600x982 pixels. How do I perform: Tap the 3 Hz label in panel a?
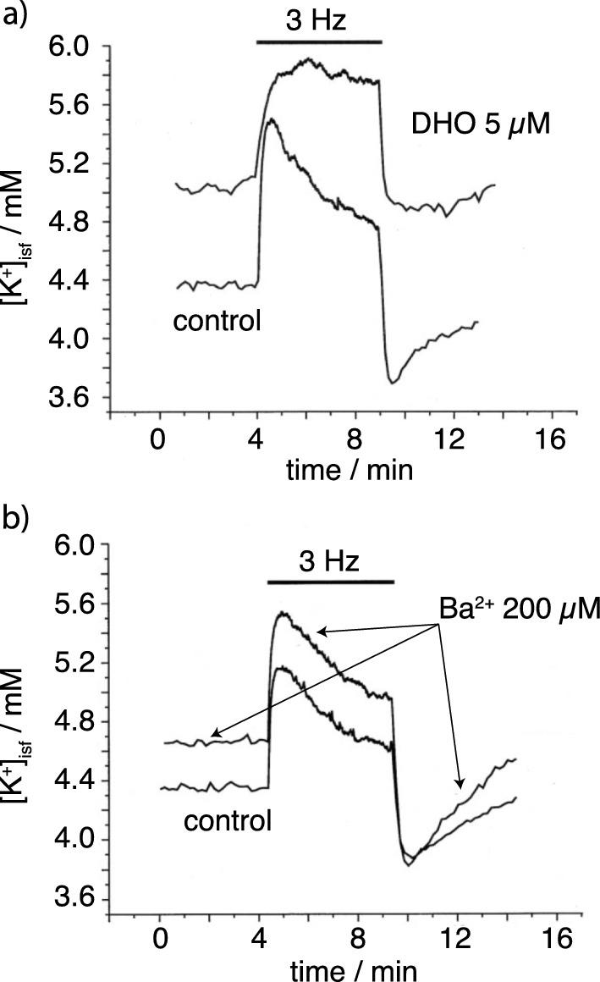320,19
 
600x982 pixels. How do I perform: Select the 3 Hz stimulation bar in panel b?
331,582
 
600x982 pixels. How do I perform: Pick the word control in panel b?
228,819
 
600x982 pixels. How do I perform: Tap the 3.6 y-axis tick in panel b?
73,899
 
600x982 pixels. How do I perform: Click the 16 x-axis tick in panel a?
552,442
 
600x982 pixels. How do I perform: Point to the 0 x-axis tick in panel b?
160,940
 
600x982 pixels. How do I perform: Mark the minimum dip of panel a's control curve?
392,383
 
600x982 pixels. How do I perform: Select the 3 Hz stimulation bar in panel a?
320,41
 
